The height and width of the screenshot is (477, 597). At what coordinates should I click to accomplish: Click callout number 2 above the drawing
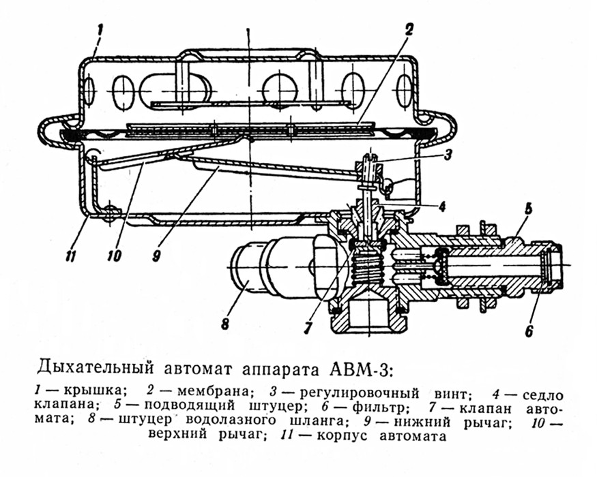point(408,30)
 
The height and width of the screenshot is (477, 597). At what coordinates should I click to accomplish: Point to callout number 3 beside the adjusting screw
point(447,154)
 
